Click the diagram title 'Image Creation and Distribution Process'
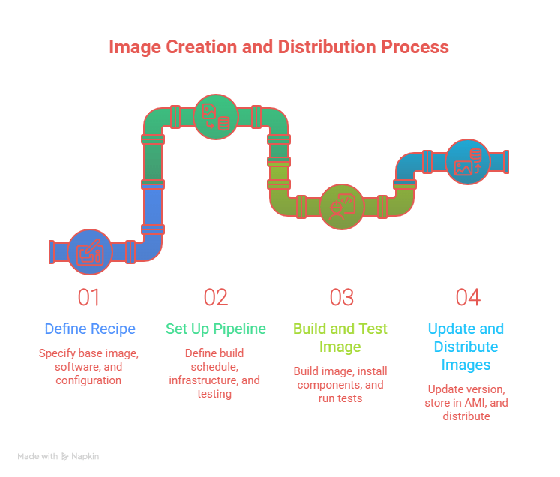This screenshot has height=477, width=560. (279, 47)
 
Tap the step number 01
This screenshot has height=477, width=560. (89, 297)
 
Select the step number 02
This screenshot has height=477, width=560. (215, 297)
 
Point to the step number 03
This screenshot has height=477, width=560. (341, 297)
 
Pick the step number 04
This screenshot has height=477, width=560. (467, 297)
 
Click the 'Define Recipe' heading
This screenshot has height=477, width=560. (89, 328)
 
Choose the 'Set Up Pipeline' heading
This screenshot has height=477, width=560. (215, 328)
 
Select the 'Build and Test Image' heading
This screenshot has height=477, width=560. (341, 337)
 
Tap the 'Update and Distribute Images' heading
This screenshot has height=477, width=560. (466, 346)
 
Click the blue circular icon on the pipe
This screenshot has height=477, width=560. (90, 251)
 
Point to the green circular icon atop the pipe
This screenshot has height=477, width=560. (215, 117)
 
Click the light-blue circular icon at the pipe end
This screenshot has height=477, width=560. (468, 162)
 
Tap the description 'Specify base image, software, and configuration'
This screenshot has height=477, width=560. (89, 367)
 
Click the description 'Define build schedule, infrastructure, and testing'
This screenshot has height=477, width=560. (215, 373)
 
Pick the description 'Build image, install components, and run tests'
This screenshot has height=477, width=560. (341, 385)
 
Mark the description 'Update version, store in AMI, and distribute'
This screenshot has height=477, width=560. (466, 402)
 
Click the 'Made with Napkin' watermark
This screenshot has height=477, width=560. (58, 456)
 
